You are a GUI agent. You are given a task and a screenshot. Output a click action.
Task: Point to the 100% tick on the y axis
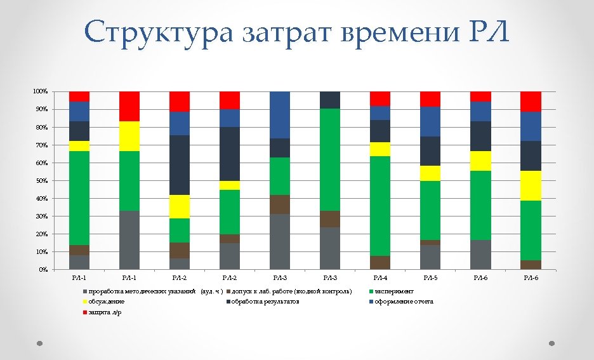click(x=40, y=92)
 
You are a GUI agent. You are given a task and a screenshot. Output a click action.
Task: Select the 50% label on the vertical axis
click(x=41, y=181)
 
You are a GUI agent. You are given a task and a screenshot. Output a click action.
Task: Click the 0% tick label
click(x=43, y=270)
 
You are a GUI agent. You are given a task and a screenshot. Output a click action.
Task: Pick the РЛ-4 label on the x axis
click(x=380, y=278)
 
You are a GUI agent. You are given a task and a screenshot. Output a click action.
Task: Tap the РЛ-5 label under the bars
click(x=430, y=278)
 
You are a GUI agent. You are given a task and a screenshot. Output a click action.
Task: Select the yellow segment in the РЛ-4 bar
click(x=380, y=149)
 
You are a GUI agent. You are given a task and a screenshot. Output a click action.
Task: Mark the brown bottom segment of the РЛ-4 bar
click(x=380, y=262)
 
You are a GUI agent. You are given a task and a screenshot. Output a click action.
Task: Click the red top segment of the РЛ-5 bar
click(x=430, y=98)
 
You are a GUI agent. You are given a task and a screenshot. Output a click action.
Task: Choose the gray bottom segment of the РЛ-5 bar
click(x=430, y=257)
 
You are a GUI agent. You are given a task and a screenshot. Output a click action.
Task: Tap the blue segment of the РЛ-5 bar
click(x=430, y=121)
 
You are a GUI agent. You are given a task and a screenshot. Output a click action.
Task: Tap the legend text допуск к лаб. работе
click(x=291, y=291)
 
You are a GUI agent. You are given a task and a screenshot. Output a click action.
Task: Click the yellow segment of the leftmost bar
click(x=79, y=146)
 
